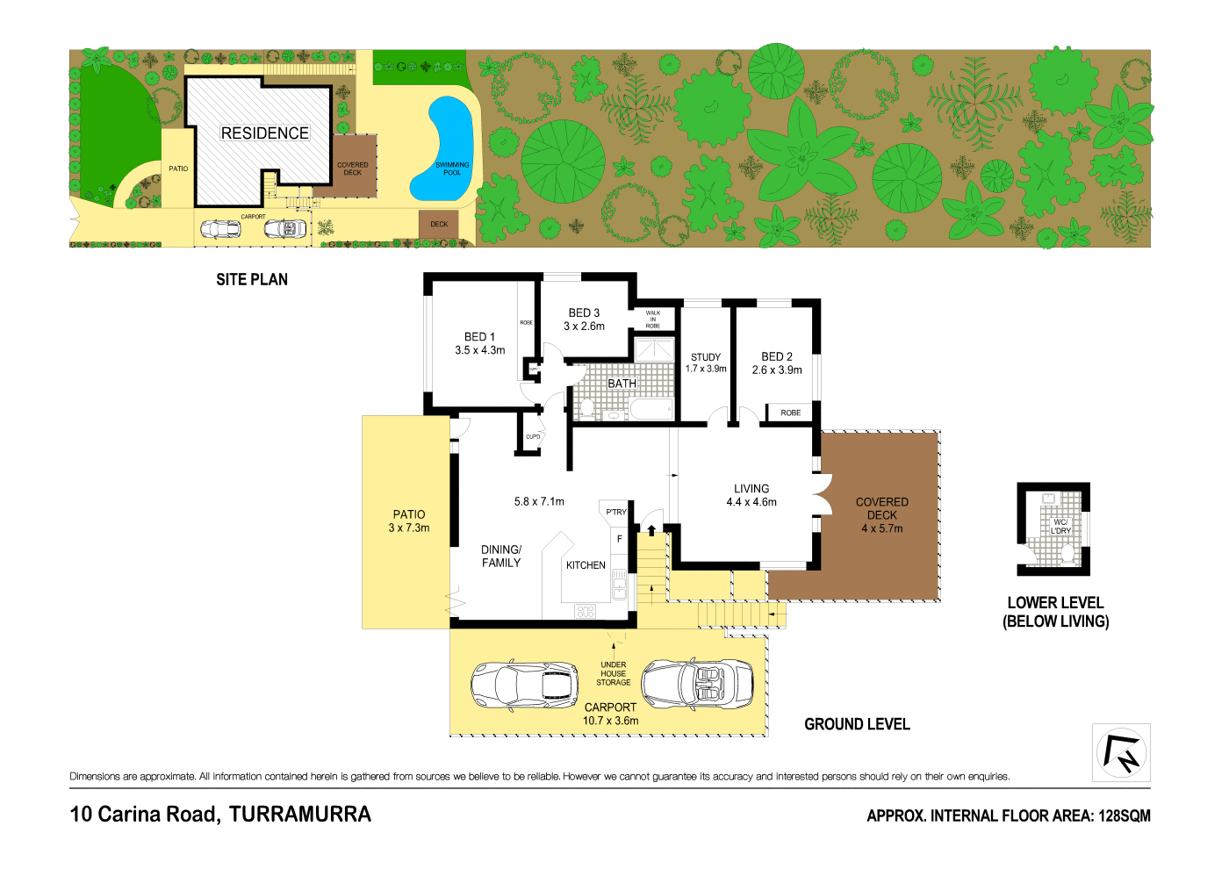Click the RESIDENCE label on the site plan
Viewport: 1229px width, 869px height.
pos(264,133)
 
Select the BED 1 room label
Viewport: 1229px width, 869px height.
pos(479,337)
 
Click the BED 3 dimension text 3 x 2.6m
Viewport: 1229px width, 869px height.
pos(584,327)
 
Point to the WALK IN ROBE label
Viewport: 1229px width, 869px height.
pos(653,320)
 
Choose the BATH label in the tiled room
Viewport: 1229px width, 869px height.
pos(622,384)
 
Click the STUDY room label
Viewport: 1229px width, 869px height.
pos(706,357)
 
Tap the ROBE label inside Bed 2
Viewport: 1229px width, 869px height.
pos(790,413)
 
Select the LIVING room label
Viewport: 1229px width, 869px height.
pos(751,489)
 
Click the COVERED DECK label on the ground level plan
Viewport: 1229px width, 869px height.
pos(882,508)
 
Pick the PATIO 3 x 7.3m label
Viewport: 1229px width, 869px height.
pos(409,521)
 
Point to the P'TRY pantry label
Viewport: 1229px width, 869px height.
pos(616,512)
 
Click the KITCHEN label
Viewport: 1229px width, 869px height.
pos(586,565)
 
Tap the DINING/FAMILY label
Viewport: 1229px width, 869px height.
pos(501,557)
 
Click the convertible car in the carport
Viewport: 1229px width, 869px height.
pos(697,685)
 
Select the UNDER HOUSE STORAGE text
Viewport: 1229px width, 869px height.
pos(614,673)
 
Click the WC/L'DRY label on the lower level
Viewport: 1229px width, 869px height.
pos(1060,527)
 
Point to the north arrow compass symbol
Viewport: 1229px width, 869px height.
pos(1121,752)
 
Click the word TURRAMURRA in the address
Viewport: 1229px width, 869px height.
pos(299,815)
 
